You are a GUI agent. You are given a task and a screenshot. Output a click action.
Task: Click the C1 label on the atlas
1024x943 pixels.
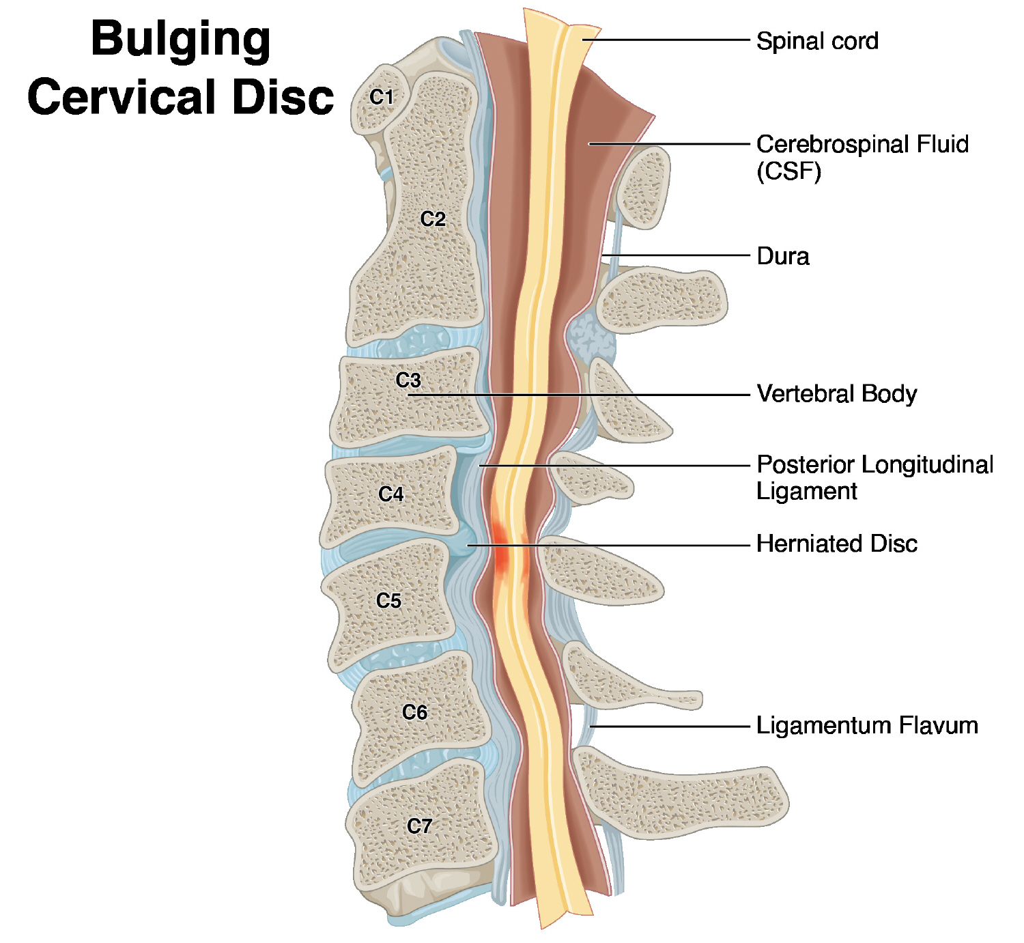tap(382, 98)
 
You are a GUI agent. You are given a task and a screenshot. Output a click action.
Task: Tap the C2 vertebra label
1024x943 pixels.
tap(433, 219)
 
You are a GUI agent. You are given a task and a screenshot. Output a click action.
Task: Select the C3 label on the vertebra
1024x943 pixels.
tap(408, 380)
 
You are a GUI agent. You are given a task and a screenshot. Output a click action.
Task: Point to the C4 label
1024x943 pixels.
tap(391, 494)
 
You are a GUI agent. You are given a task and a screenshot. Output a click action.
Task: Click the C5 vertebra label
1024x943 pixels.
tap(388, 601)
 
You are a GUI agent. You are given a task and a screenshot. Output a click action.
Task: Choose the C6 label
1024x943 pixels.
tap(414, 712)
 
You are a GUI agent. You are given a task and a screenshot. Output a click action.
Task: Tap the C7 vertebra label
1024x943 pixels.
tap(419, 826)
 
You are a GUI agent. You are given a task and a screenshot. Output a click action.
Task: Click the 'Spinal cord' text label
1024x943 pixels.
tap(817, 42)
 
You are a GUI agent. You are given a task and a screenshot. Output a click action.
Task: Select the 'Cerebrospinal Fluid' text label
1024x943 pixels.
tap(862, 144)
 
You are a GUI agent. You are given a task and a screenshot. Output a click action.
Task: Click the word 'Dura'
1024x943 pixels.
tap(783, 256)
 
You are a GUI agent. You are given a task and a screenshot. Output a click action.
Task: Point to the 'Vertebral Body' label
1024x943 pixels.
tap(837, 394)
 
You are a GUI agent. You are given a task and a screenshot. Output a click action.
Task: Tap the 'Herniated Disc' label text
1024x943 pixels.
tap(837, 544)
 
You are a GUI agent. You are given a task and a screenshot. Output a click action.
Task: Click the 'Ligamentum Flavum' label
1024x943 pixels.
tap(867, 725)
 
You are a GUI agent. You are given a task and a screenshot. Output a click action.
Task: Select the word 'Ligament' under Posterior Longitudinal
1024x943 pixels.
tap(807, 492)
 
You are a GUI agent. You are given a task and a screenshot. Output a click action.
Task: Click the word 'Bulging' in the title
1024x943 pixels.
tap(180, 40)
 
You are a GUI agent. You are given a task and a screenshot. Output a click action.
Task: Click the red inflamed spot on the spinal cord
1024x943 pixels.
tap(502, 557)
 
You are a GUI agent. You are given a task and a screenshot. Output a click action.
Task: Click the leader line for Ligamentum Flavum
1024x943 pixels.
tap(669, 727)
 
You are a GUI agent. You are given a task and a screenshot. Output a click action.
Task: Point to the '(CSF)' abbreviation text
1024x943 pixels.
tap(788, 171)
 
